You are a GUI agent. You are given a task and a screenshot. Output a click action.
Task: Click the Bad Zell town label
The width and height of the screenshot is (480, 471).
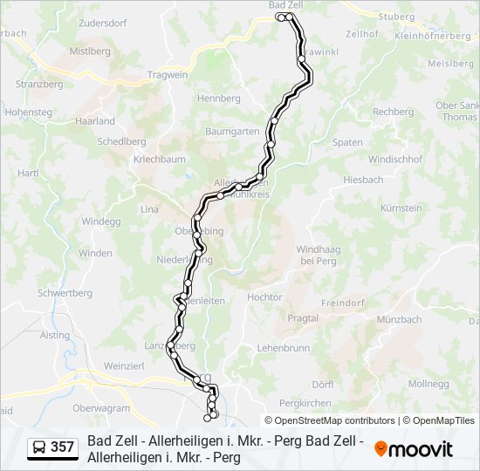pos(285,5)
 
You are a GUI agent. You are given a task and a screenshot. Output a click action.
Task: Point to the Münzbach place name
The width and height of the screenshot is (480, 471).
pos(399,319)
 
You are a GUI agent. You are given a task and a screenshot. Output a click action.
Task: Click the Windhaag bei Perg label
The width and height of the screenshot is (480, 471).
pos(318,255)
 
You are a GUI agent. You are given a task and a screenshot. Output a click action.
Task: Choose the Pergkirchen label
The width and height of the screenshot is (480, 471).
pos(305,403)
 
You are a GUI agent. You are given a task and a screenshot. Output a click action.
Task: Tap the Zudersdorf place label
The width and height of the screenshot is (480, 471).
pos(102,23)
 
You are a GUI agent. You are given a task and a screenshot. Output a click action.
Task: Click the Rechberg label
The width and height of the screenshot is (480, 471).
pos(393,112)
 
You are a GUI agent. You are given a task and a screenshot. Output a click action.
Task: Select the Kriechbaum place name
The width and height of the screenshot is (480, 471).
pos(159,160)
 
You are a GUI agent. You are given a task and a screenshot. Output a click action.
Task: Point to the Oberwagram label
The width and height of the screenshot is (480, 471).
pos(101,407)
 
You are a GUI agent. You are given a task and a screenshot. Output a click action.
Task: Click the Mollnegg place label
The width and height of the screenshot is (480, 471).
pos(428,384)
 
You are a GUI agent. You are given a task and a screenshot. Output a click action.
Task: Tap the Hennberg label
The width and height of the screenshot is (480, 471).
pos(219,99)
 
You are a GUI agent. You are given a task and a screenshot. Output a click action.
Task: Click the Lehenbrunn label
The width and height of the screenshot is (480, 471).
pos(284,347)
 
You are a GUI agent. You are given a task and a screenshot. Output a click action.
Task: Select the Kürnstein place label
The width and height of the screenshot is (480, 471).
pos(401,208)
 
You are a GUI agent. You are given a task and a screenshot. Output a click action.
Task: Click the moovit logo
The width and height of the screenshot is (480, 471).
pos(414,448)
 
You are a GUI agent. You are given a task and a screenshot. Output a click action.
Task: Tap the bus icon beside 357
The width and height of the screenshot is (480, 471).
pos(39,448)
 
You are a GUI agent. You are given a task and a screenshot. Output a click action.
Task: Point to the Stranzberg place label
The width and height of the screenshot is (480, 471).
pos(39,85)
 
